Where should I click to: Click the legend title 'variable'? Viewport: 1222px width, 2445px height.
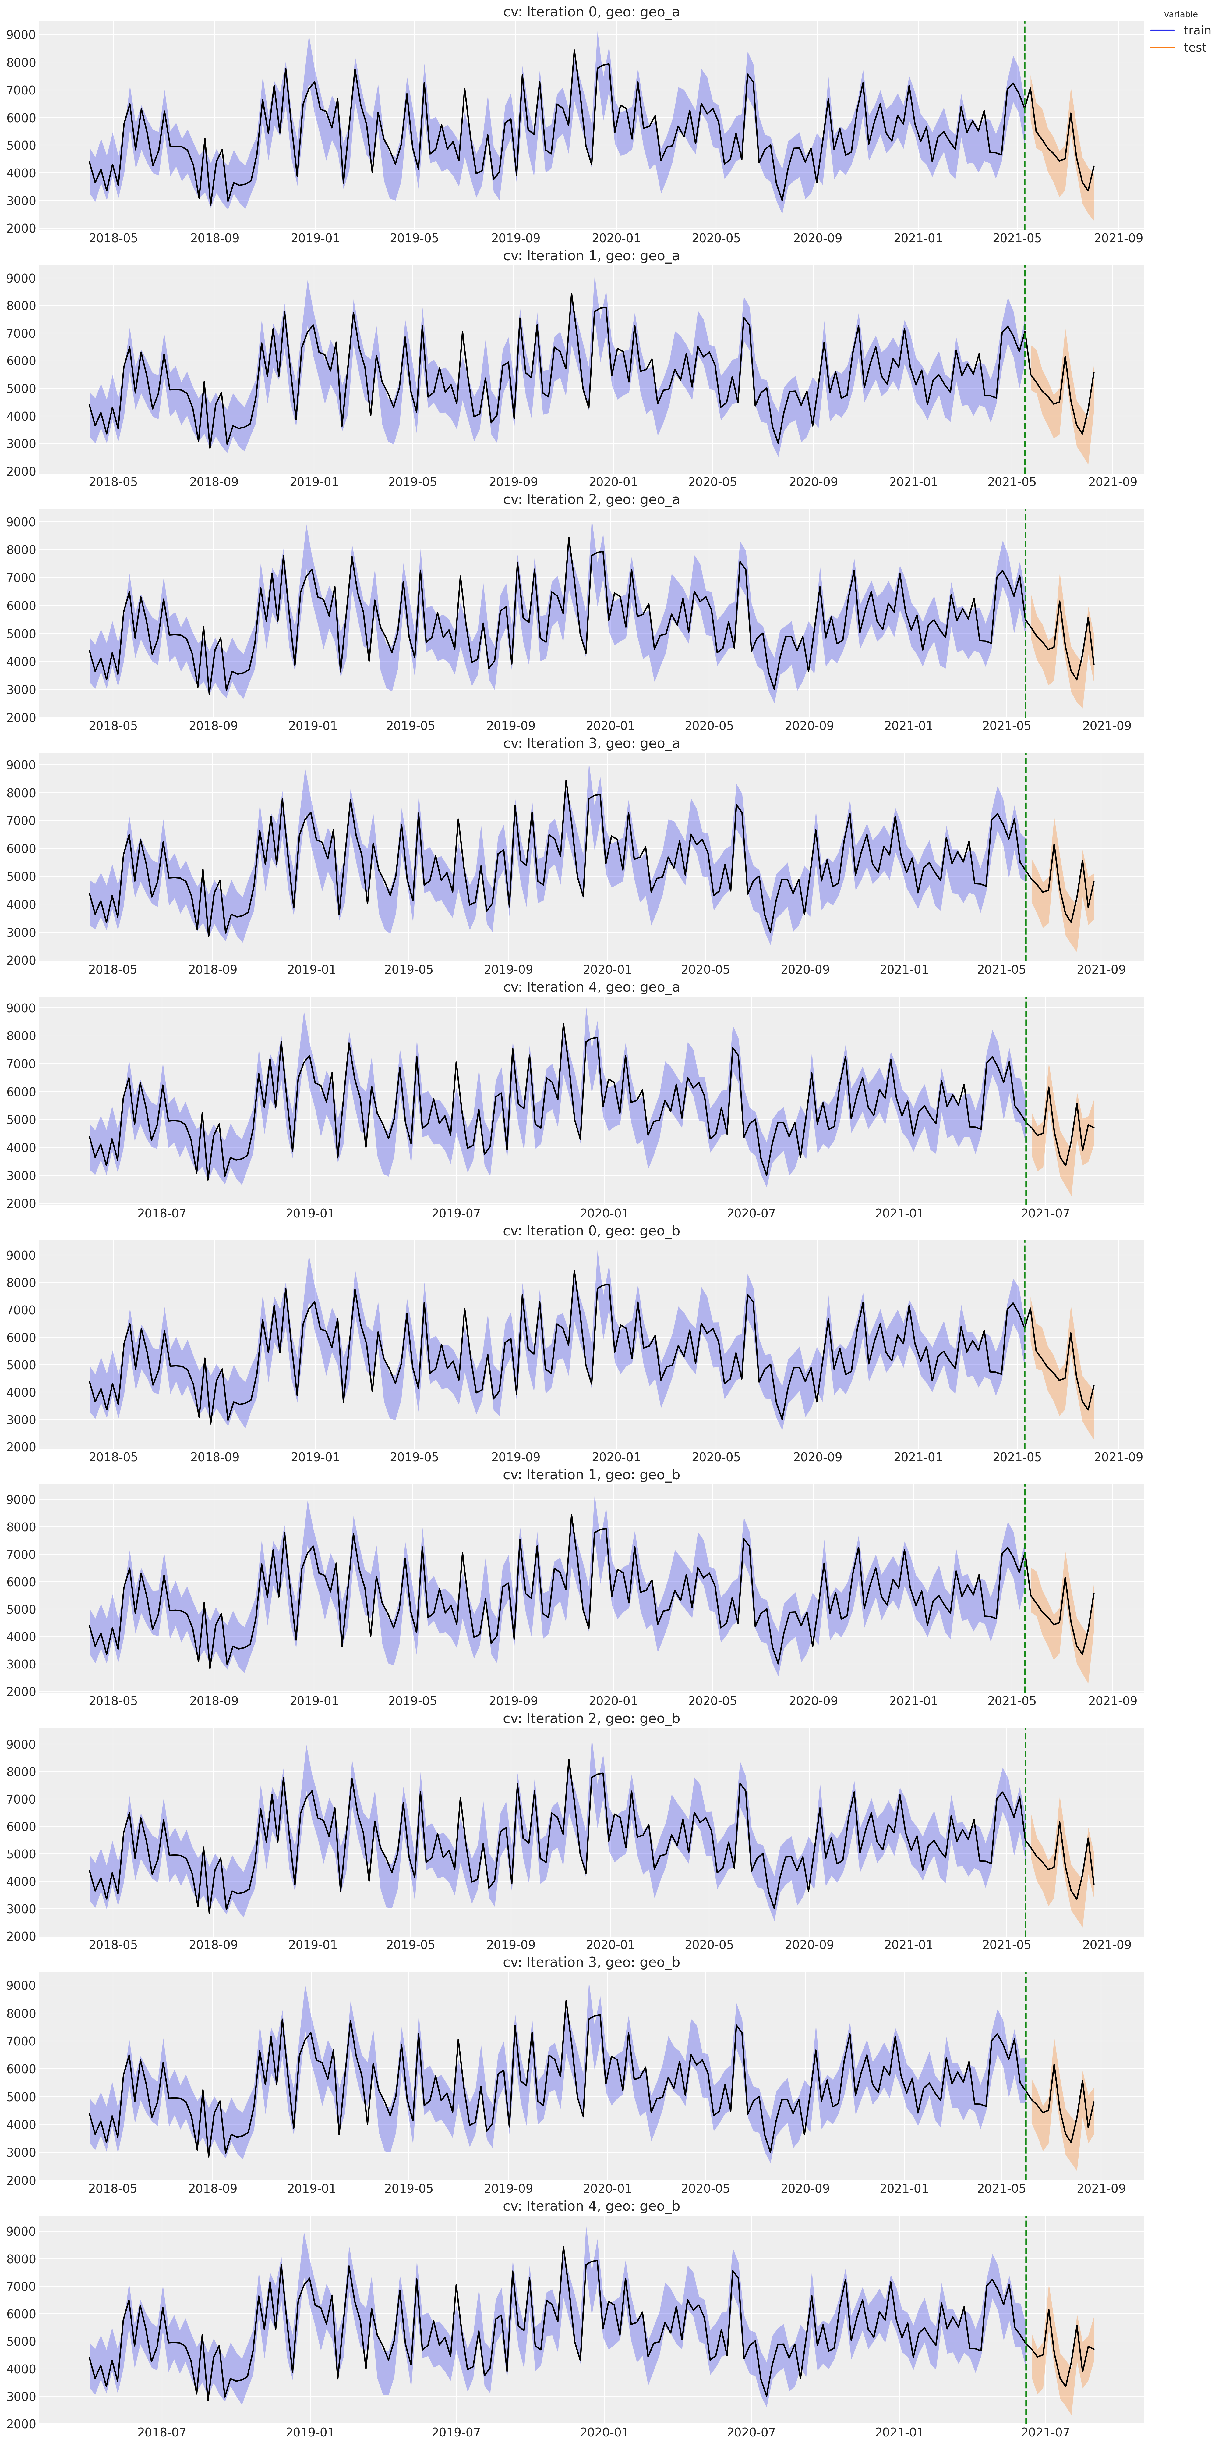[x=1180, y=14]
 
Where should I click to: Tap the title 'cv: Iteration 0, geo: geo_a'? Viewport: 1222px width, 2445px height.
[x=591, y=12]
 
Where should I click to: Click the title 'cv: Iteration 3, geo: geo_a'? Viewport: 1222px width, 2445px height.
[x=591, y=743]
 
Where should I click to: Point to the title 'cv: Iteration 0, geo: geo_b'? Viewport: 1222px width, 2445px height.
[x=591, y=1231]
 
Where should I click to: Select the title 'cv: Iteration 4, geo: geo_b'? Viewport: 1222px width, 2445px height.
[x=591, y=2206]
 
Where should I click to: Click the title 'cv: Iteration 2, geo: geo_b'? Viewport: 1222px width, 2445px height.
[x=591, y=1718]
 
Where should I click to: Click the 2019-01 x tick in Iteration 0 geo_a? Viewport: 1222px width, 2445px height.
[x=315, y=238]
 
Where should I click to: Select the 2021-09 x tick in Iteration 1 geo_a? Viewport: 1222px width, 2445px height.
[x=1113, y=482]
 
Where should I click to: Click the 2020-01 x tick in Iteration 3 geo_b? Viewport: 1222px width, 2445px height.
[x=607, y=2188]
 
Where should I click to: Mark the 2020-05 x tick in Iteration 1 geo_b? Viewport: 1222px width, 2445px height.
[x=712, y=1701]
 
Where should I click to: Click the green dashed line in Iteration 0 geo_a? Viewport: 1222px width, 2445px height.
[x=1025, y=125]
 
